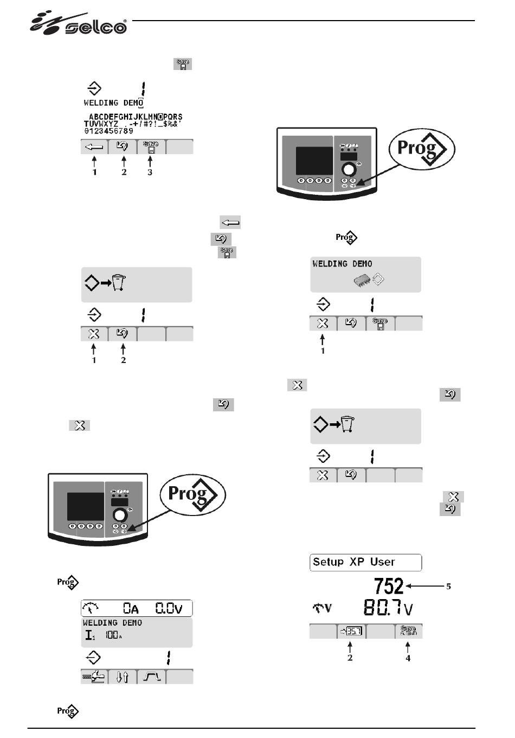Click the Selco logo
pos(79,24)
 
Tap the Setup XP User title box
pos(365,562)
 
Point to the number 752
pos(389,586)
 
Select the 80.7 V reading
pos(387,607)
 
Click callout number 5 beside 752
pos(448,587)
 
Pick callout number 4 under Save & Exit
pos(408,658)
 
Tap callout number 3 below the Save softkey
pos(150,173)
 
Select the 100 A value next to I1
pos(112,635)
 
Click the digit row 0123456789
pos(108,131)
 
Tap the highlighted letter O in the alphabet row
pos(160,117)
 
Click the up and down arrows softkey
pos(123,677)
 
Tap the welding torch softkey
pos(94,677)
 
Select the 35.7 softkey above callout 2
pos(351,632)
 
